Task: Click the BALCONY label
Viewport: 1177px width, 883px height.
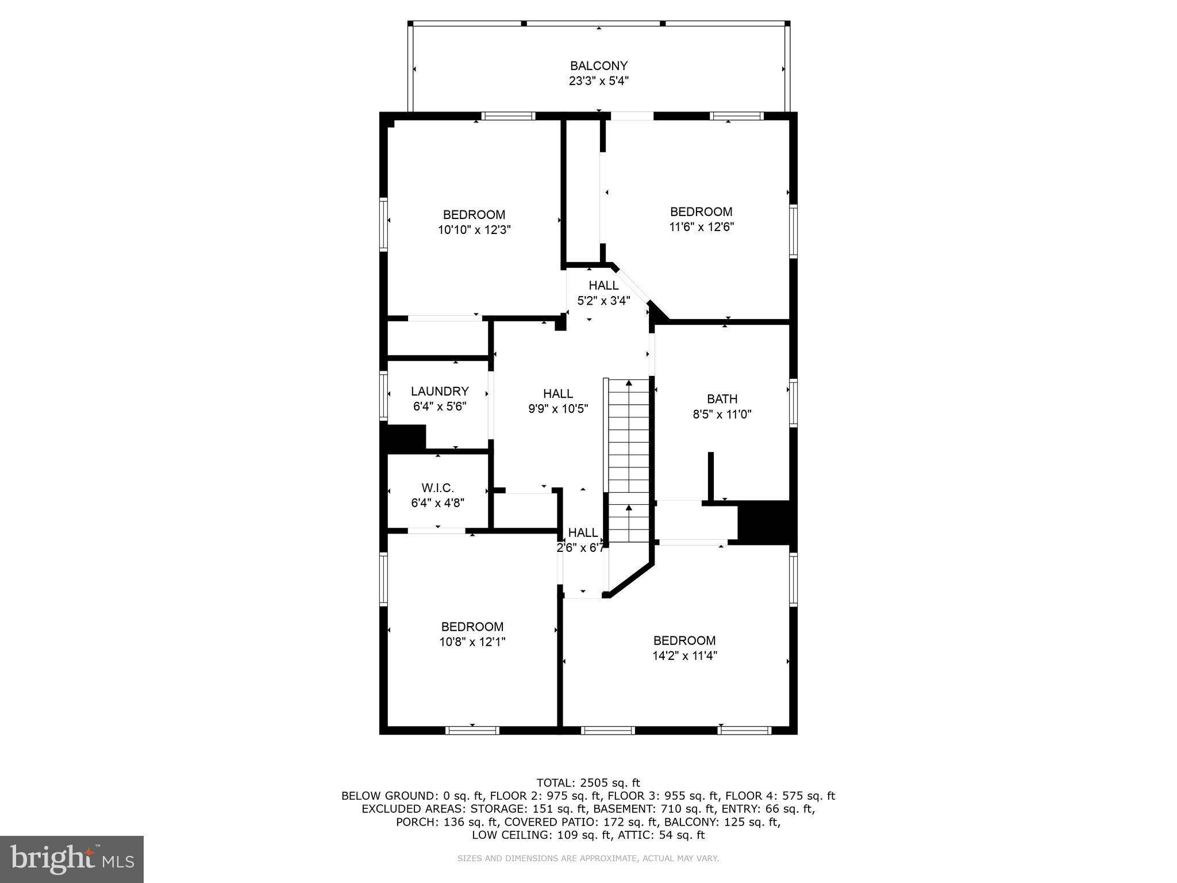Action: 598,66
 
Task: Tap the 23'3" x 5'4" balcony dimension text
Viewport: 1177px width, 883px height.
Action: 598,81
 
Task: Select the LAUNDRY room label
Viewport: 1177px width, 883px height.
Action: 440,391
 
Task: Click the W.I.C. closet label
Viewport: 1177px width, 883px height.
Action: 437,488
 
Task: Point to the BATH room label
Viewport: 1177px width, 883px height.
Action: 722,399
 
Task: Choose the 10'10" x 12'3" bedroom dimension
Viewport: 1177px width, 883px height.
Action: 474,230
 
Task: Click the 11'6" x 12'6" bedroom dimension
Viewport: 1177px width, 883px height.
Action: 701,227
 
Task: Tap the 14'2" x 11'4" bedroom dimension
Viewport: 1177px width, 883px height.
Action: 684,656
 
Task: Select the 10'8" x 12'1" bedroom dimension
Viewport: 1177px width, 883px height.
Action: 472,642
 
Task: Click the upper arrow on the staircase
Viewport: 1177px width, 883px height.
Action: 629,384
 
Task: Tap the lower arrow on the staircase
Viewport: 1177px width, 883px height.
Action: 629,509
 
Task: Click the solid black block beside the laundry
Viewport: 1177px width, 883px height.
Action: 404,437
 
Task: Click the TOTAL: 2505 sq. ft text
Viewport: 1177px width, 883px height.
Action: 588,782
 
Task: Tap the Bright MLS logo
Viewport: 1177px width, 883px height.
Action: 72,859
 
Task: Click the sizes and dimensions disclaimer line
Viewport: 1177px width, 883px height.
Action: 588,858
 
